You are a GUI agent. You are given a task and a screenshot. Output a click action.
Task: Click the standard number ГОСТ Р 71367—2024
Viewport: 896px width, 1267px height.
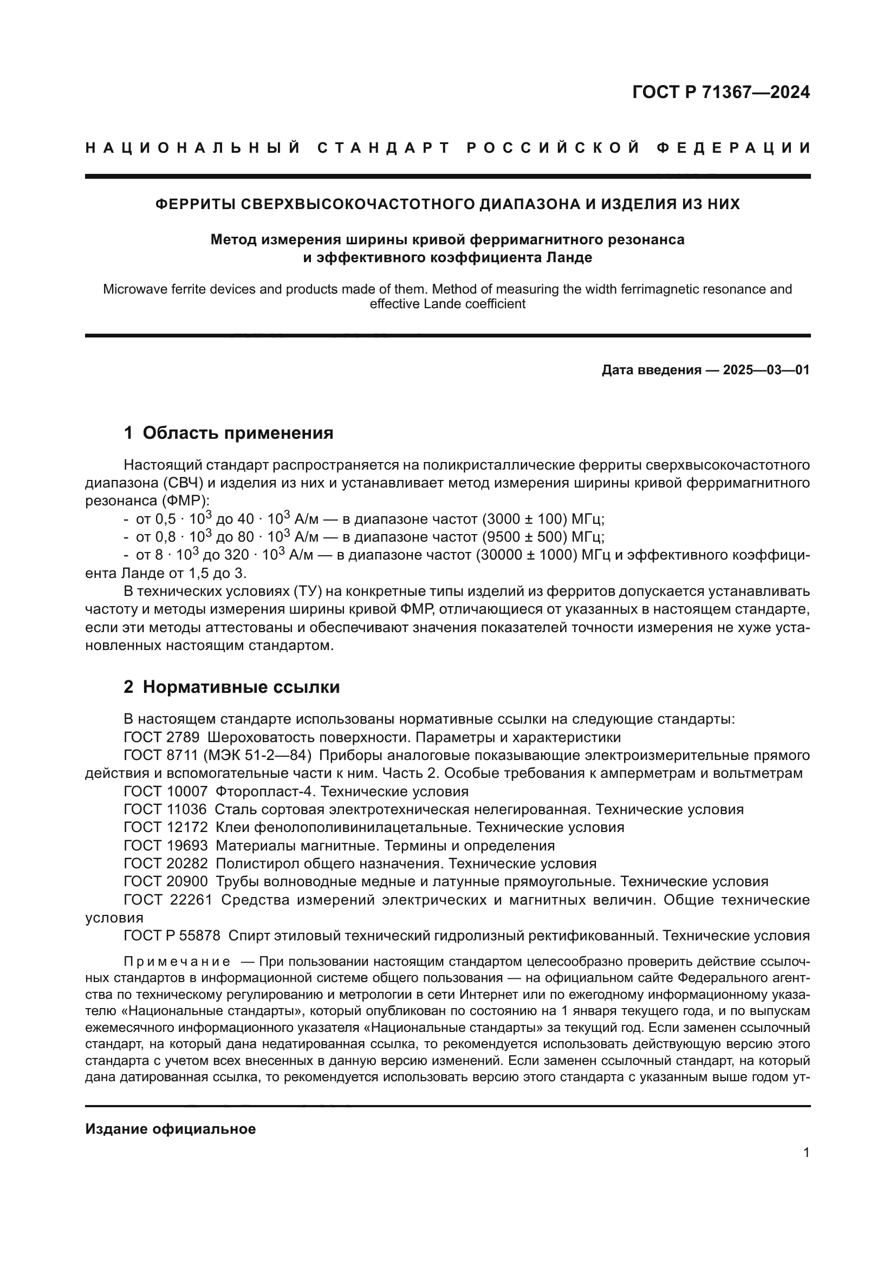pos(720,92)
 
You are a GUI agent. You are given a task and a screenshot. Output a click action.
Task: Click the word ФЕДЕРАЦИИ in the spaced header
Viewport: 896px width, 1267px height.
pos(734,148)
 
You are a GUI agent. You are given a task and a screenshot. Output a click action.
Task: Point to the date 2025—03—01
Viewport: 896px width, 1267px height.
pos(766,370)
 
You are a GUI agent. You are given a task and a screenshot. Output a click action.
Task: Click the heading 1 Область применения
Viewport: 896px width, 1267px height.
pos(229,433)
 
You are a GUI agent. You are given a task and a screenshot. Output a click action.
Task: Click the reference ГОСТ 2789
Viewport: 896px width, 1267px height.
pos(161,737)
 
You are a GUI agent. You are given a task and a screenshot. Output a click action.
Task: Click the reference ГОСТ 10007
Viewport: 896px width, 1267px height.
pos(165,791)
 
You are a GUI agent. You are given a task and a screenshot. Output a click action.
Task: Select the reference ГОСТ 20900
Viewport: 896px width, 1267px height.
pos(165,881)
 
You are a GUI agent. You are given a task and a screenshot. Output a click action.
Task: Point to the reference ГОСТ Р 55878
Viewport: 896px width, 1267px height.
pos(172,935)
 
